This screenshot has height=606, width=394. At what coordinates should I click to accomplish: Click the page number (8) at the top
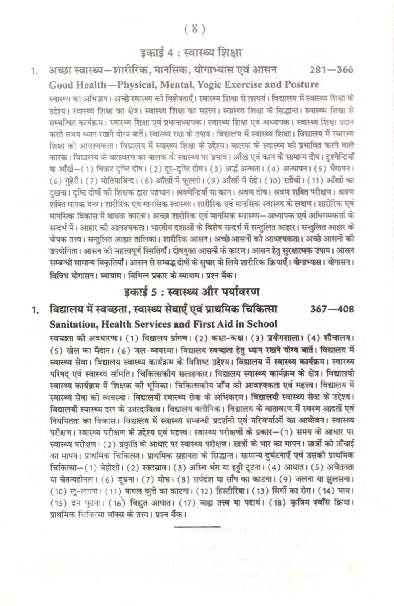coord(195,29)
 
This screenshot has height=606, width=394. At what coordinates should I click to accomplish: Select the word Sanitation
coord(70,324)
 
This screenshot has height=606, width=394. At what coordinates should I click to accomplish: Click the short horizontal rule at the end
coord(197,527)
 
